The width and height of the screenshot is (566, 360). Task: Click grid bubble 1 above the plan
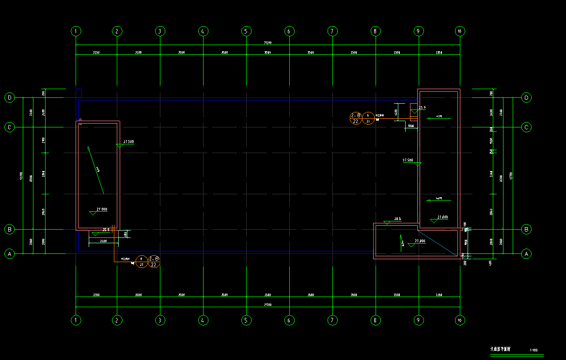[x=76, y=31]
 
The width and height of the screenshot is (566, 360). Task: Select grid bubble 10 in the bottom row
[x=459, y=320]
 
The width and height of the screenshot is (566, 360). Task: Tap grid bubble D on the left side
[x=10, y=98]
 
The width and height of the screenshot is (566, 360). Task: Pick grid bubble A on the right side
[x=526, y=253]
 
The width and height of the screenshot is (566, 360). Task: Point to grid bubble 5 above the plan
[x=246, y=31]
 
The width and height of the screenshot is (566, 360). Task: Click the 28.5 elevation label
[x=397, y=219]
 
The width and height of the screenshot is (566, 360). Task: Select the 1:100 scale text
[x=534, y=350]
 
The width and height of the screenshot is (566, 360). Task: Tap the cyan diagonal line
[x=439, y=243]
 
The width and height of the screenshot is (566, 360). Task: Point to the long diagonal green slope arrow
[x=95, y=169]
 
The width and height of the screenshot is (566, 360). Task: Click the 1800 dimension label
[x=410, y=126]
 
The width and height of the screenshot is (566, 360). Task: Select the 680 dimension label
[x=126, y=234]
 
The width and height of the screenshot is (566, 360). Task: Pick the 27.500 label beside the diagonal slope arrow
[x=129, y=141]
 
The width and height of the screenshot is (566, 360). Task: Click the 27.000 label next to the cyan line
[x=420, y=240]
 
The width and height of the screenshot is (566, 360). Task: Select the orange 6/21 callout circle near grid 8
[x=368, y=118]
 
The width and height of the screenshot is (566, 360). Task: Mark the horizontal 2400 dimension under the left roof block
[x=103, y=241]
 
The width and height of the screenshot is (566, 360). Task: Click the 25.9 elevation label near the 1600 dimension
[x=422, y=108]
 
